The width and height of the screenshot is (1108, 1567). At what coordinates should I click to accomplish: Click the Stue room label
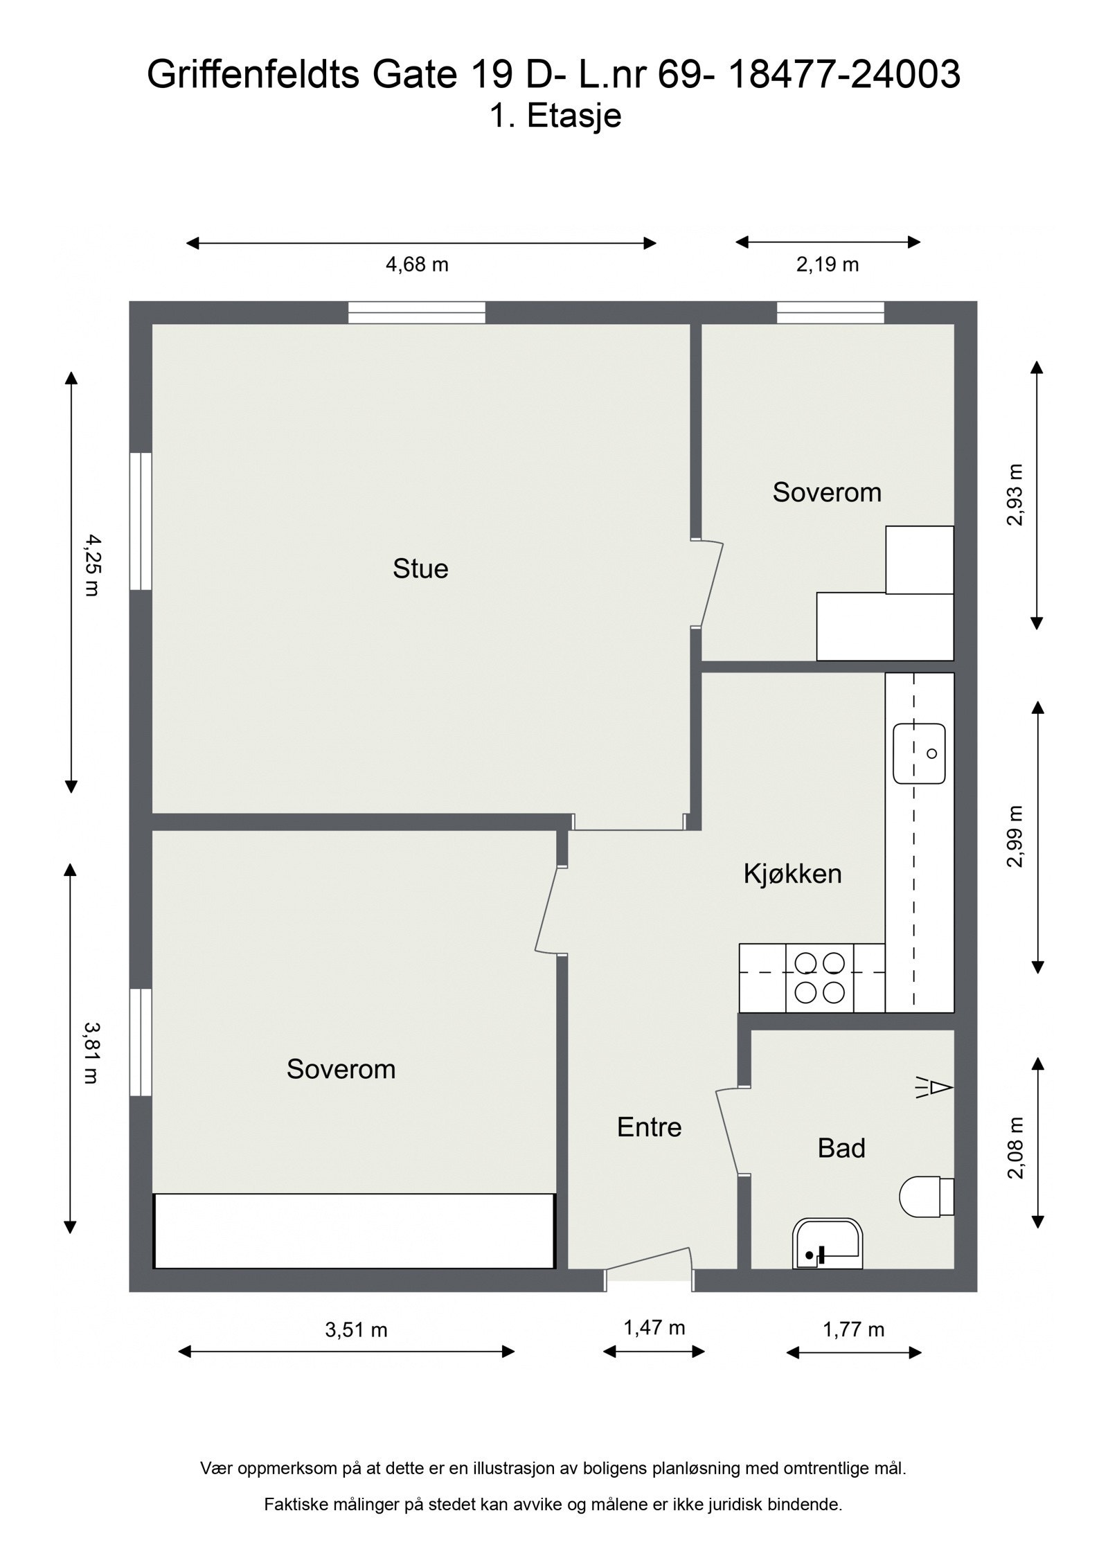click(x=420, y=569)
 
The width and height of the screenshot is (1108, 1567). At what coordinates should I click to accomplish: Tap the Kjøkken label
click(x=792, y=874)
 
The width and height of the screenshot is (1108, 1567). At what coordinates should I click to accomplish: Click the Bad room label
click(x=841, y=1148)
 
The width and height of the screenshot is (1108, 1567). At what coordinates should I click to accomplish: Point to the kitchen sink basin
click(x=919, y=753)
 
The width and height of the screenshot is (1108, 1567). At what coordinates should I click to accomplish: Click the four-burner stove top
click(x=819, y=978)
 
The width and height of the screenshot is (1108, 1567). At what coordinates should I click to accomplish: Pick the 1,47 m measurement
click(x=654, y=1327)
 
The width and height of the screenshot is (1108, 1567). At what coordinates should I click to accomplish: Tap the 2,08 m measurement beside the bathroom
click(x=1015, y=1148)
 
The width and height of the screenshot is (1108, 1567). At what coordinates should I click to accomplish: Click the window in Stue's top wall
click(x=416, y=312)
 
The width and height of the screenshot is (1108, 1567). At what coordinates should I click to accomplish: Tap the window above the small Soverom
click(x=830, y=312)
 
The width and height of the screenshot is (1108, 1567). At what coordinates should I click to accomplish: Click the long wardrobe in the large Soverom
click(x=354, y=1230)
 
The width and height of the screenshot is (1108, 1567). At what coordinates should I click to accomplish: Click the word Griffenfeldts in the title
click(x=253, y=75)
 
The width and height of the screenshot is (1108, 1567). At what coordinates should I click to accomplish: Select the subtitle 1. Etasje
click(x=555, y=116)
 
